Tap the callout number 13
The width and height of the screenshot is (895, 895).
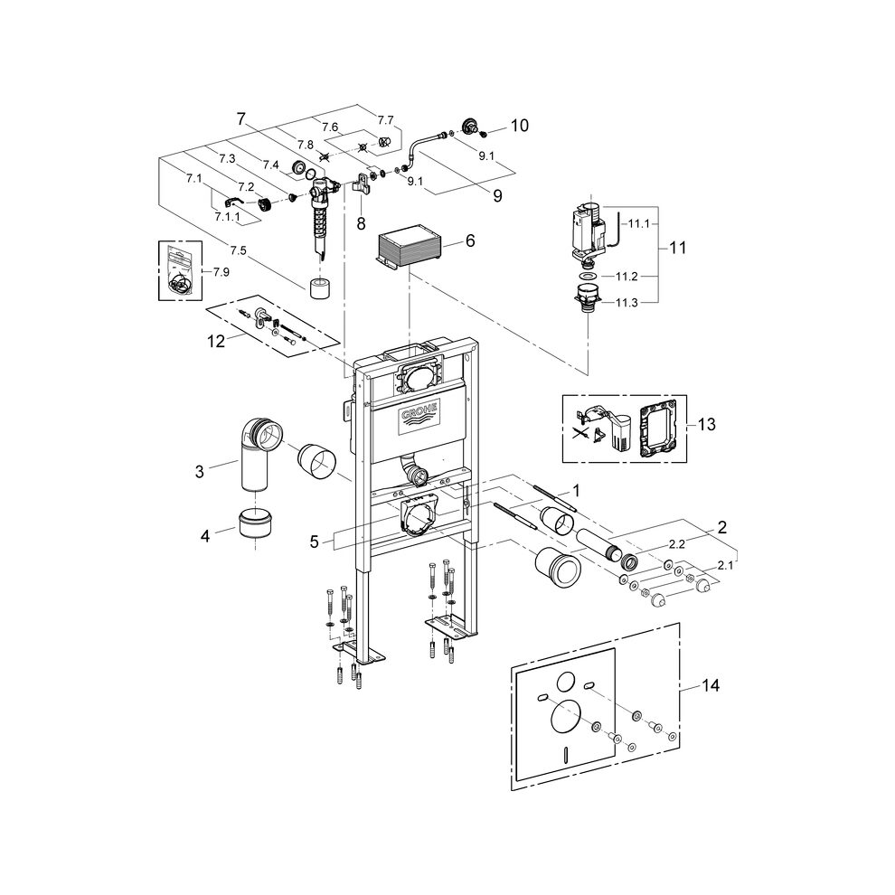pos(707,423)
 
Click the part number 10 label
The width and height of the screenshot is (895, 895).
pos(520,126)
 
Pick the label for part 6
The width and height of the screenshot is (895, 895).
pos(469,241)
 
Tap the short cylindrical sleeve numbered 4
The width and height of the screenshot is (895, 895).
pos(258,525)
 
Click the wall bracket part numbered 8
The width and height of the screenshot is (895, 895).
pos(363,184)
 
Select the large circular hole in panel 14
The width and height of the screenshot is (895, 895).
pos(566,719)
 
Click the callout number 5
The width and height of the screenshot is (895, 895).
pos(314,542)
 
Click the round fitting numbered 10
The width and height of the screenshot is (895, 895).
pos(470,127)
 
